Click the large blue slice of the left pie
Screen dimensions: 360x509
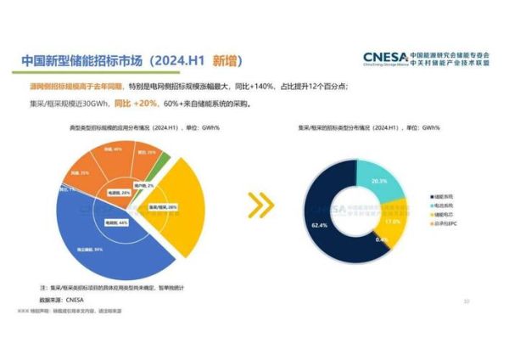(x=102, y=242)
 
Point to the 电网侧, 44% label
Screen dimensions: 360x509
(x=116, y=222)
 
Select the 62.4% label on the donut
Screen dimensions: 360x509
(x=320, y=226)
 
